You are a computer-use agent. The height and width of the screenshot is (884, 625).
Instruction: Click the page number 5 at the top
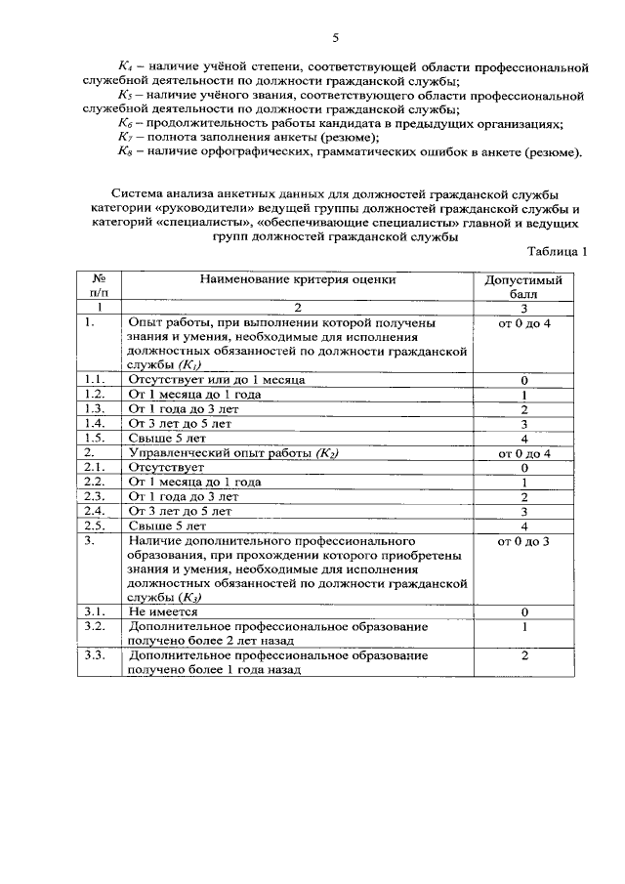click(334, 38)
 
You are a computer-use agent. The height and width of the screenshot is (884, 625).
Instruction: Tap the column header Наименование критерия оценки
click(298, 279)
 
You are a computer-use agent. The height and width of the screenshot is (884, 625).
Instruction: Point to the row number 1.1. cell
click(95, 379)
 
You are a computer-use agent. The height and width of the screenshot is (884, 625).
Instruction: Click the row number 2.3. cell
click(95, 496)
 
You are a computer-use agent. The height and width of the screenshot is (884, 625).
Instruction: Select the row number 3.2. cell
click(95, 625)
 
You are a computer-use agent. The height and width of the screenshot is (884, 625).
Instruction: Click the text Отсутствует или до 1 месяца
click(217, 379)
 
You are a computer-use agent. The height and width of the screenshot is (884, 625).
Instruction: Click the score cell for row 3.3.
click(523, 655)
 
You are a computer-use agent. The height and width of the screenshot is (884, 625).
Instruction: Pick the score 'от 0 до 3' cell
click(523, 540)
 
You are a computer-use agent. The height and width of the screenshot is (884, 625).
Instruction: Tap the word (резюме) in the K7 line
click(342, 139)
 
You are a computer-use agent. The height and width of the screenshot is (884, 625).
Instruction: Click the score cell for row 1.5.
click(523, 438)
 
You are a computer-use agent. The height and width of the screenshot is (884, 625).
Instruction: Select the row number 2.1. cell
click(95, 467)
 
